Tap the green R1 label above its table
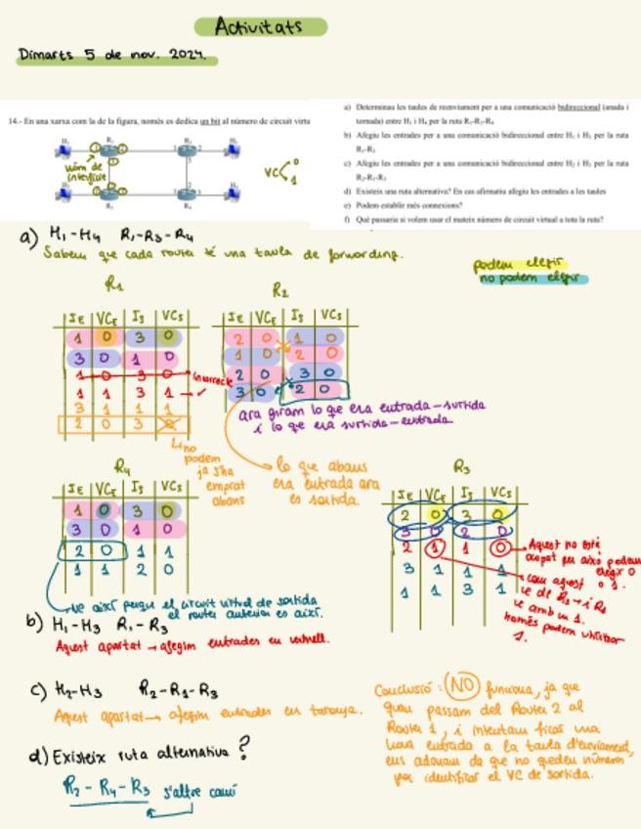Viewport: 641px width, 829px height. point(114,286)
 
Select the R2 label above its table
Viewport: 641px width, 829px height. point(280,290)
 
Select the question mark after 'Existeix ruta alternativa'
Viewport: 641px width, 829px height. point(243,750)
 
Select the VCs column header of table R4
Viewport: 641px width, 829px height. point(170,487)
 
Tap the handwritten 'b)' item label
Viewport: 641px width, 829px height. point(34,620)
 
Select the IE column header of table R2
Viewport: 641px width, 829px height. point(235,317)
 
